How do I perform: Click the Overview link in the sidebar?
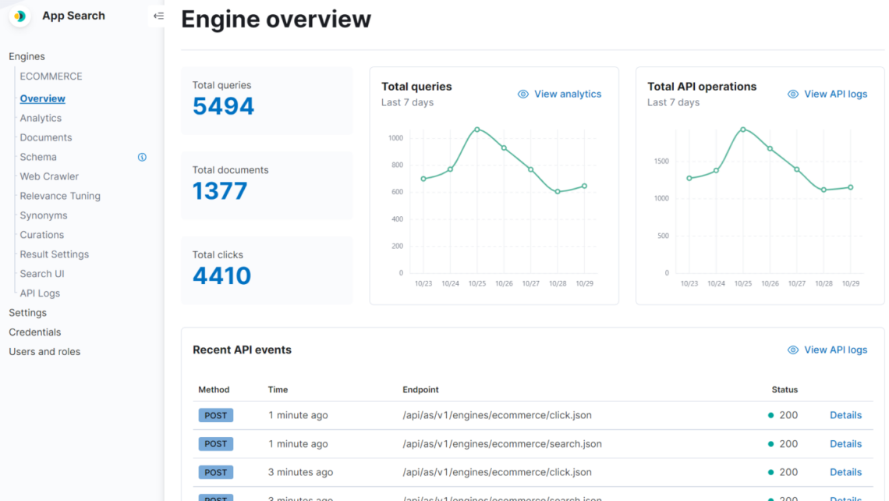43,99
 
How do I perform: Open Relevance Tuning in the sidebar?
60,196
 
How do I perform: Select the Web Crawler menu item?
49,176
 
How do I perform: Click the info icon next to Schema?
142,157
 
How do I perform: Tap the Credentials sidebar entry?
35,332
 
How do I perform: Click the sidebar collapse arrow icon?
158,16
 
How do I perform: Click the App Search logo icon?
19,16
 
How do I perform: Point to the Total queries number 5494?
223,106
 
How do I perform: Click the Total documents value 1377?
220,191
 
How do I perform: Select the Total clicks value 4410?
221,275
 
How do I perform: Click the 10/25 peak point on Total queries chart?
477,130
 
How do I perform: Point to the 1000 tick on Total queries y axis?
395,138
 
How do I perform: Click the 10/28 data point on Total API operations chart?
823,190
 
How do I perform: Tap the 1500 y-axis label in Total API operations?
661,162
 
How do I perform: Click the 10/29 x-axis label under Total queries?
584,284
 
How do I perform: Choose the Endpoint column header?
420,389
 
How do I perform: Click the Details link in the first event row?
845,415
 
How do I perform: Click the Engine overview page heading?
276,19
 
